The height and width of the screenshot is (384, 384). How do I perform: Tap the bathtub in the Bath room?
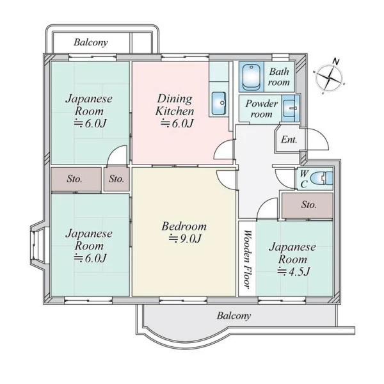tap(251, 76)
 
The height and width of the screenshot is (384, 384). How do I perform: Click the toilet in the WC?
tap(321, 178)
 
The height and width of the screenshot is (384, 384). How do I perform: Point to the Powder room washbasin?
tap(290, 109)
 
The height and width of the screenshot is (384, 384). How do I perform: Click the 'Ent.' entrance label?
tap(289, 140)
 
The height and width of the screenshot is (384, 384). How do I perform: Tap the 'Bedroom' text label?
tap(184, 227)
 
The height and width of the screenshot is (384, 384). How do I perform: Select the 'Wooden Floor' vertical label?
tap(248, 259)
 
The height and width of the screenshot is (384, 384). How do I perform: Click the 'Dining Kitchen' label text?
tap(175, 105)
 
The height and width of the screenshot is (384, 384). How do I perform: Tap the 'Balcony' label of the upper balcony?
tap(91, 42)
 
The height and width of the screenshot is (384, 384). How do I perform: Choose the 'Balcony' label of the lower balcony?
tap(234, 316)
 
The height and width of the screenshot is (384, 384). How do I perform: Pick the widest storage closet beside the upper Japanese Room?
tap(76, 179)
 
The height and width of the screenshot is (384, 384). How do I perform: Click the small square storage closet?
tap(116, 179)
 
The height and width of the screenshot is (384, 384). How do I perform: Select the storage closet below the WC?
tap(307, 205)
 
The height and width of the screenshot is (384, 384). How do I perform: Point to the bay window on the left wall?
tap(38, 246)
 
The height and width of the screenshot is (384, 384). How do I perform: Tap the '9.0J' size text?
tap(185, 239)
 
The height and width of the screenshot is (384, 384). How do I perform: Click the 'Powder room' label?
tap(262, 109)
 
